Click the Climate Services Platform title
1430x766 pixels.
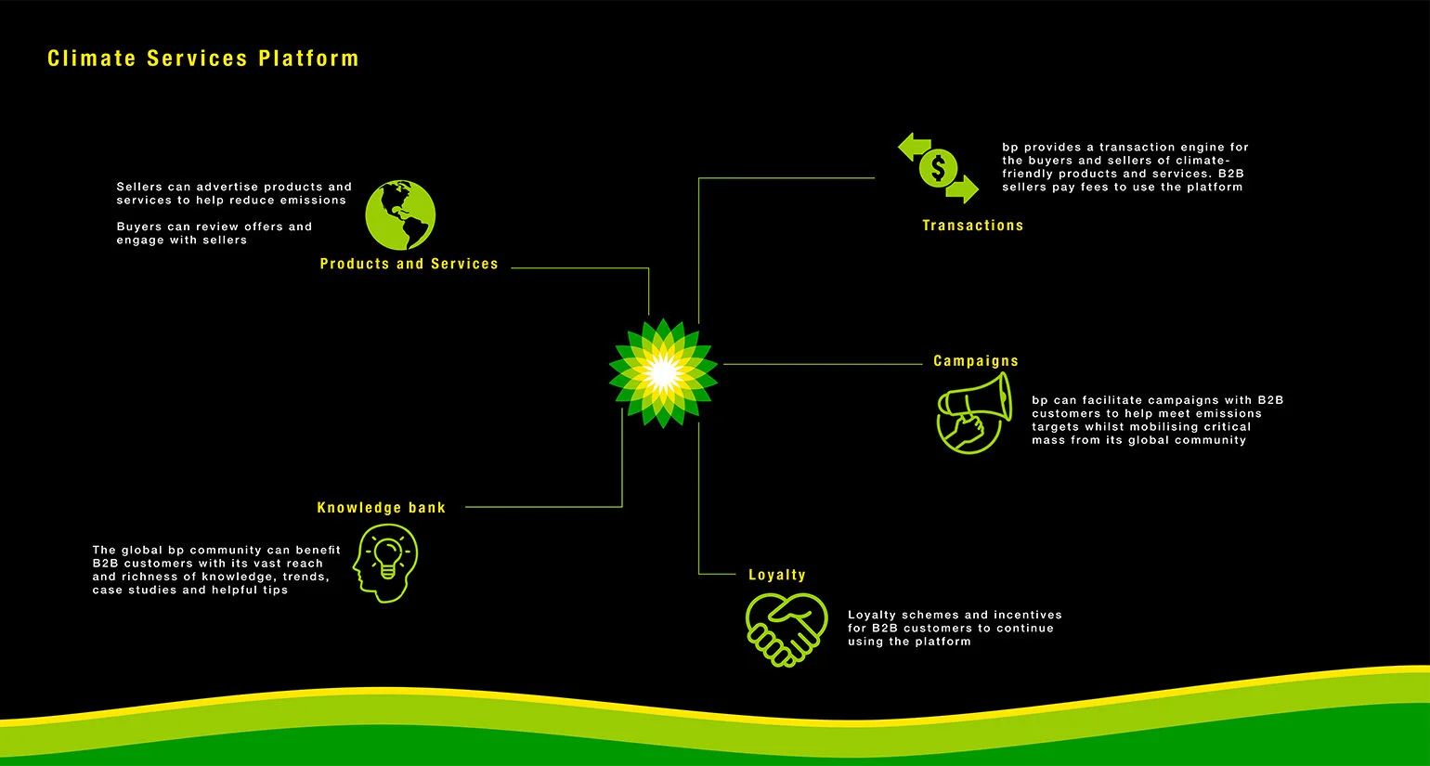point(202,58)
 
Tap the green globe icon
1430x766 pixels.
point(400,215)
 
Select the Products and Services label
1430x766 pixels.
point(409,265)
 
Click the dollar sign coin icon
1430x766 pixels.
point(938,168)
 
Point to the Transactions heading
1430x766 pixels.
point(972,226)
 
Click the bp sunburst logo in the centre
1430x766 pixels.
point(663,373)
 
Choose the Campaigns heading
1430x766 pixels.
point(975,361)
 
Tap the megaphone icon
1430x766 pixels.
point(975,409)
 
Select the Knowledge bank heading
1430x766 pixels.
point(381,508)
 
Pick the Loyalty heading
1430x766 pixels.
point(776,576)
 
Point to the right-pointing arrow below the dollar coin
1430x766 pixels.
point(963,189)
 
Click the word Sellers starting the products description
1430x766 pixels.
point(139,188)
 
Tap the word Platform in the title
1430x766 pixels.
point(308,58)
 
